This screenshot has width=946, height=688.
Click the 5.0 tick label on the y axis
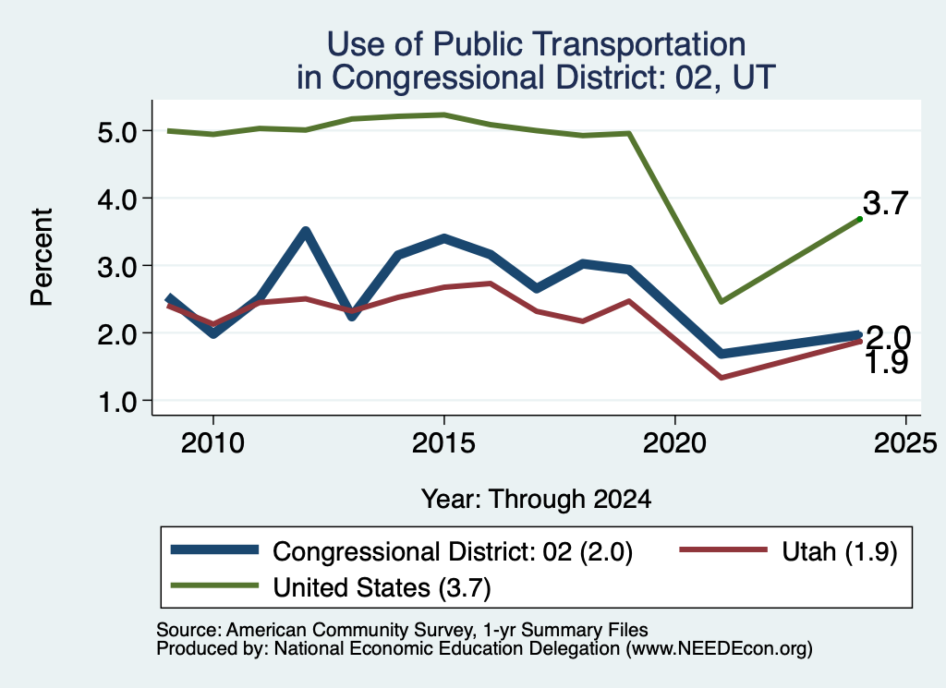[x=118, y=131]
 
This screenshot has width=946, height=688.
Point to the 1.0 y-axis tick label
[x=118, y=402]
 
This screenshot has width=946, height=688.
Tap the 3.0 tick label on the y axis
[x=118, y=267]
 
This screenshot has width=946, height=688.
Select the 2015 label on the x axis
[x=443, y=444]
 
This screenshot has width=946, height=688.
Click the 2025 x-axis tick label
[x=905, y=444]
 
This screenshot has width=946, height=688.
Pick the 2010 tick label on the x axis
[x=212, y=444]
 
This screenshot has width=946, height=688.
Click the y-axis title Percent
[x=42, y=257]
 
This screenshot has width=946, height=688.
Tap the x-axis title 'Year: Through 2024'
[x=537, y=500]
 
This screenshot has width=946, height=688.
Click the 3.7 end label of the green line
[x=885, y=203]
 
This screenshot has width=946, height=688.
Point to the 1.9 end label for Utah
[x=886, y=363]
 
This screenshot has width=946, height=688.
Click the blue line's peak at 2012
[x=305, y=232]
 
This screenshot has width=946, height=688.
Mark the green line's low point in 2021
[x=721, y=301]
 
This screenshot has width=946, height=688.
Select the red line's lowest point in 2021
[x=721, y=378]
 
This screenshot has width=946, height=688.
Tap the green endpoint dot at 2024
[x=860, y=219]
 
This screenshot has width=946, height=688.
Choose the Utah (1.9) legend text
[x=839, y=551]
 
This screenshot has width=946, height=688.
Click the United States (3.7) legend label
[x=382, y=587]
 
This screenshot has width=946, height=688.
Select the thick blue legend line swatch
[x=214, y=549]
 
